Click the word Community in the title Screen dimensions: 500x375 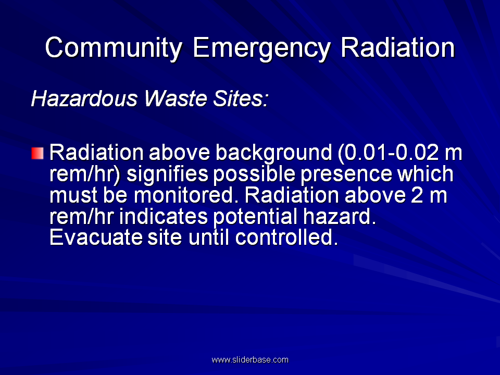(x=114, y=48)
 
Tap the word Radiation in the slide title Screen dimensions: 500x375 (x=397, y=47)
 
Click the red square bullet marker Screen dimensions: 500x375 (x=37, y=153)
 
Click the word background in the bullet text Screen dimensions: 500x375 (x=273, y=153)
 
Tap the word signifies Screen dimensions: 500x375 (x=167, y=174)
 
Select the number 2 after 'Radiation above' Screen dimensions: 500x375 (x=417, y=195)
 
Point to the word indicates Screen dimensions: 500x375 (x=164, y=217)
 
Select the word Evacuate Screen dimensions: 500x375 (x=96, y=238)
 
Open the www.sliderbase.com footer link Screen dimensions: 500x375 (x=250, y=360)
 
